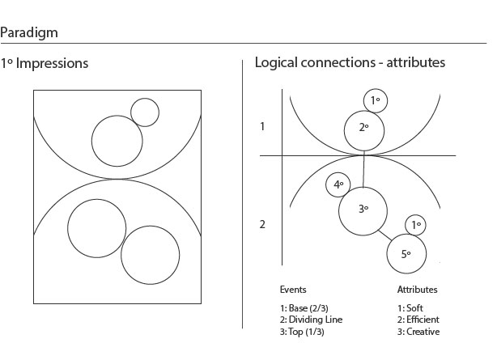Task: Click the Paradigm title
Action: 28,33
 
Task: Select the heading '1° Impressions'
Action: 45,63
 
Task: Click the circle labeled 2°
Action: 363,129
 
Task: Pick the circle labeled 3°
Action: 363,210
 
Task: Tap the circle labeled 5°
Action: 406,254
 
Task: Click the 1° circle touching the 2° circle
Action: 375,100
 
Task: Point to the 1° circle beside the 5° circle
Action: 415,226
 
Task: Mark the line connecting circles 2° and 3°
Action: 363,168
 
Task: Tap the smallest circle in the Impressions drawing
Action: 145,112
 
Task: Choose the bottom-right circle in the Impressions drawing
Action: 151,253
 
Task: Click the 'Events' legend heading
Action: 293,290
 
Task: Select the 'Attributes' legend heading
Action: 417,290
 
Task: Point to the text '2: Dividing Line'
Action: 311,320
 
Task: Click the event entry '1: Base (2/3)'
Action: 305,308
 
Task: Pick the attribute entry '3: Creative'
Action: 418,332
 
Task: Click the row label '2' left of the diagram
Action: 262,224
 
